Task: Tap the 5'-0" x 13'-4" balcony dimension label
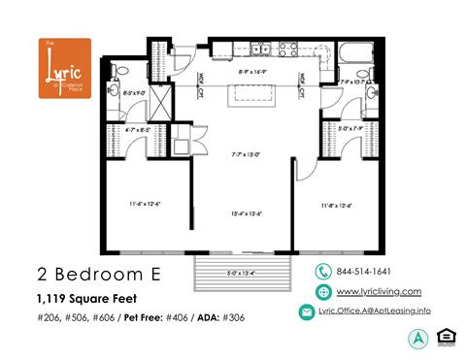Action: (244, 273)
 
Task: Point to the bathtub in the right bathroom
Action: (357, 52)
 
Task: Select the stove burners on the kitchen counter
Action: (288, 47)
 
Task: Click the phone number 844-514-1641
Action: (363, 272)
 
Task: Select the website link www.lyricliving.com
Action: (378, 291)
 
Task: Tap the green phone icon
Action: (322, 272)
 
